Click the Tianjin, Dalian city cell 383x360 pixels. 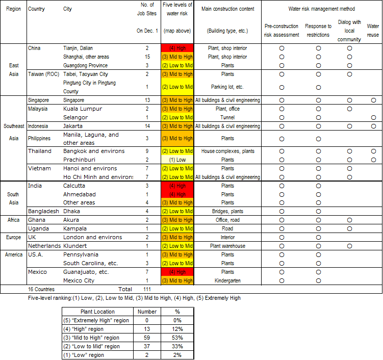(79, 48)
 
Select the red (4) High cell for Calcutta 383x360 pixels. (177, 186)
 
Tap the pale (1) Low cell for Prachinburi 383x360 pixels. (177, 160)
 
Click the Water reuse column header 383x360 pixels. (373, 30)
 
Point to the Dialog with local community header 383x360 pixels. (349, 30)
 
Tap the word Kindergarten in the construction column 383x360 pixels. (227, 280)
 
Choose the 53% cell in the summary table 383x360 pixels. (177, 338)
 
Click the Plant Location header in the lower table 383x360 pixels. (98, 312)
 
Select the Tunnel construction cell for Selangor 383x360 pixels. (227, 117)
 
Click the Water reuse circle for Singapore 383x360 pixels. (373, 100)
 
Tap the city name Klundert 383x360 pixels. (78, 246)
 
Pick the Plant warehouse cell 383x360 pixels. (227, 246)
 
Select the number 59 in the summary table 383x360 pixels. (147, 338)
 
